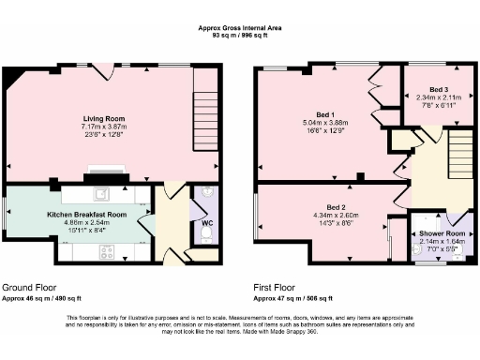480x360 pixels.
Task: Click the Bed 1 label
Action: click(x=325, y=113)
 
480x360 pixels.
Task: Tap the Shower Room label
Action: click(x=442, y=233)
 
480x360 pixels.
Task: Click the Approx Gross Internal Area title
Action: click(x=240, y=27)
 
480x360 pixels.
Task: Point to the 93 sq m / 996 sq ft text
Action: click(x=240, y=35)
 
